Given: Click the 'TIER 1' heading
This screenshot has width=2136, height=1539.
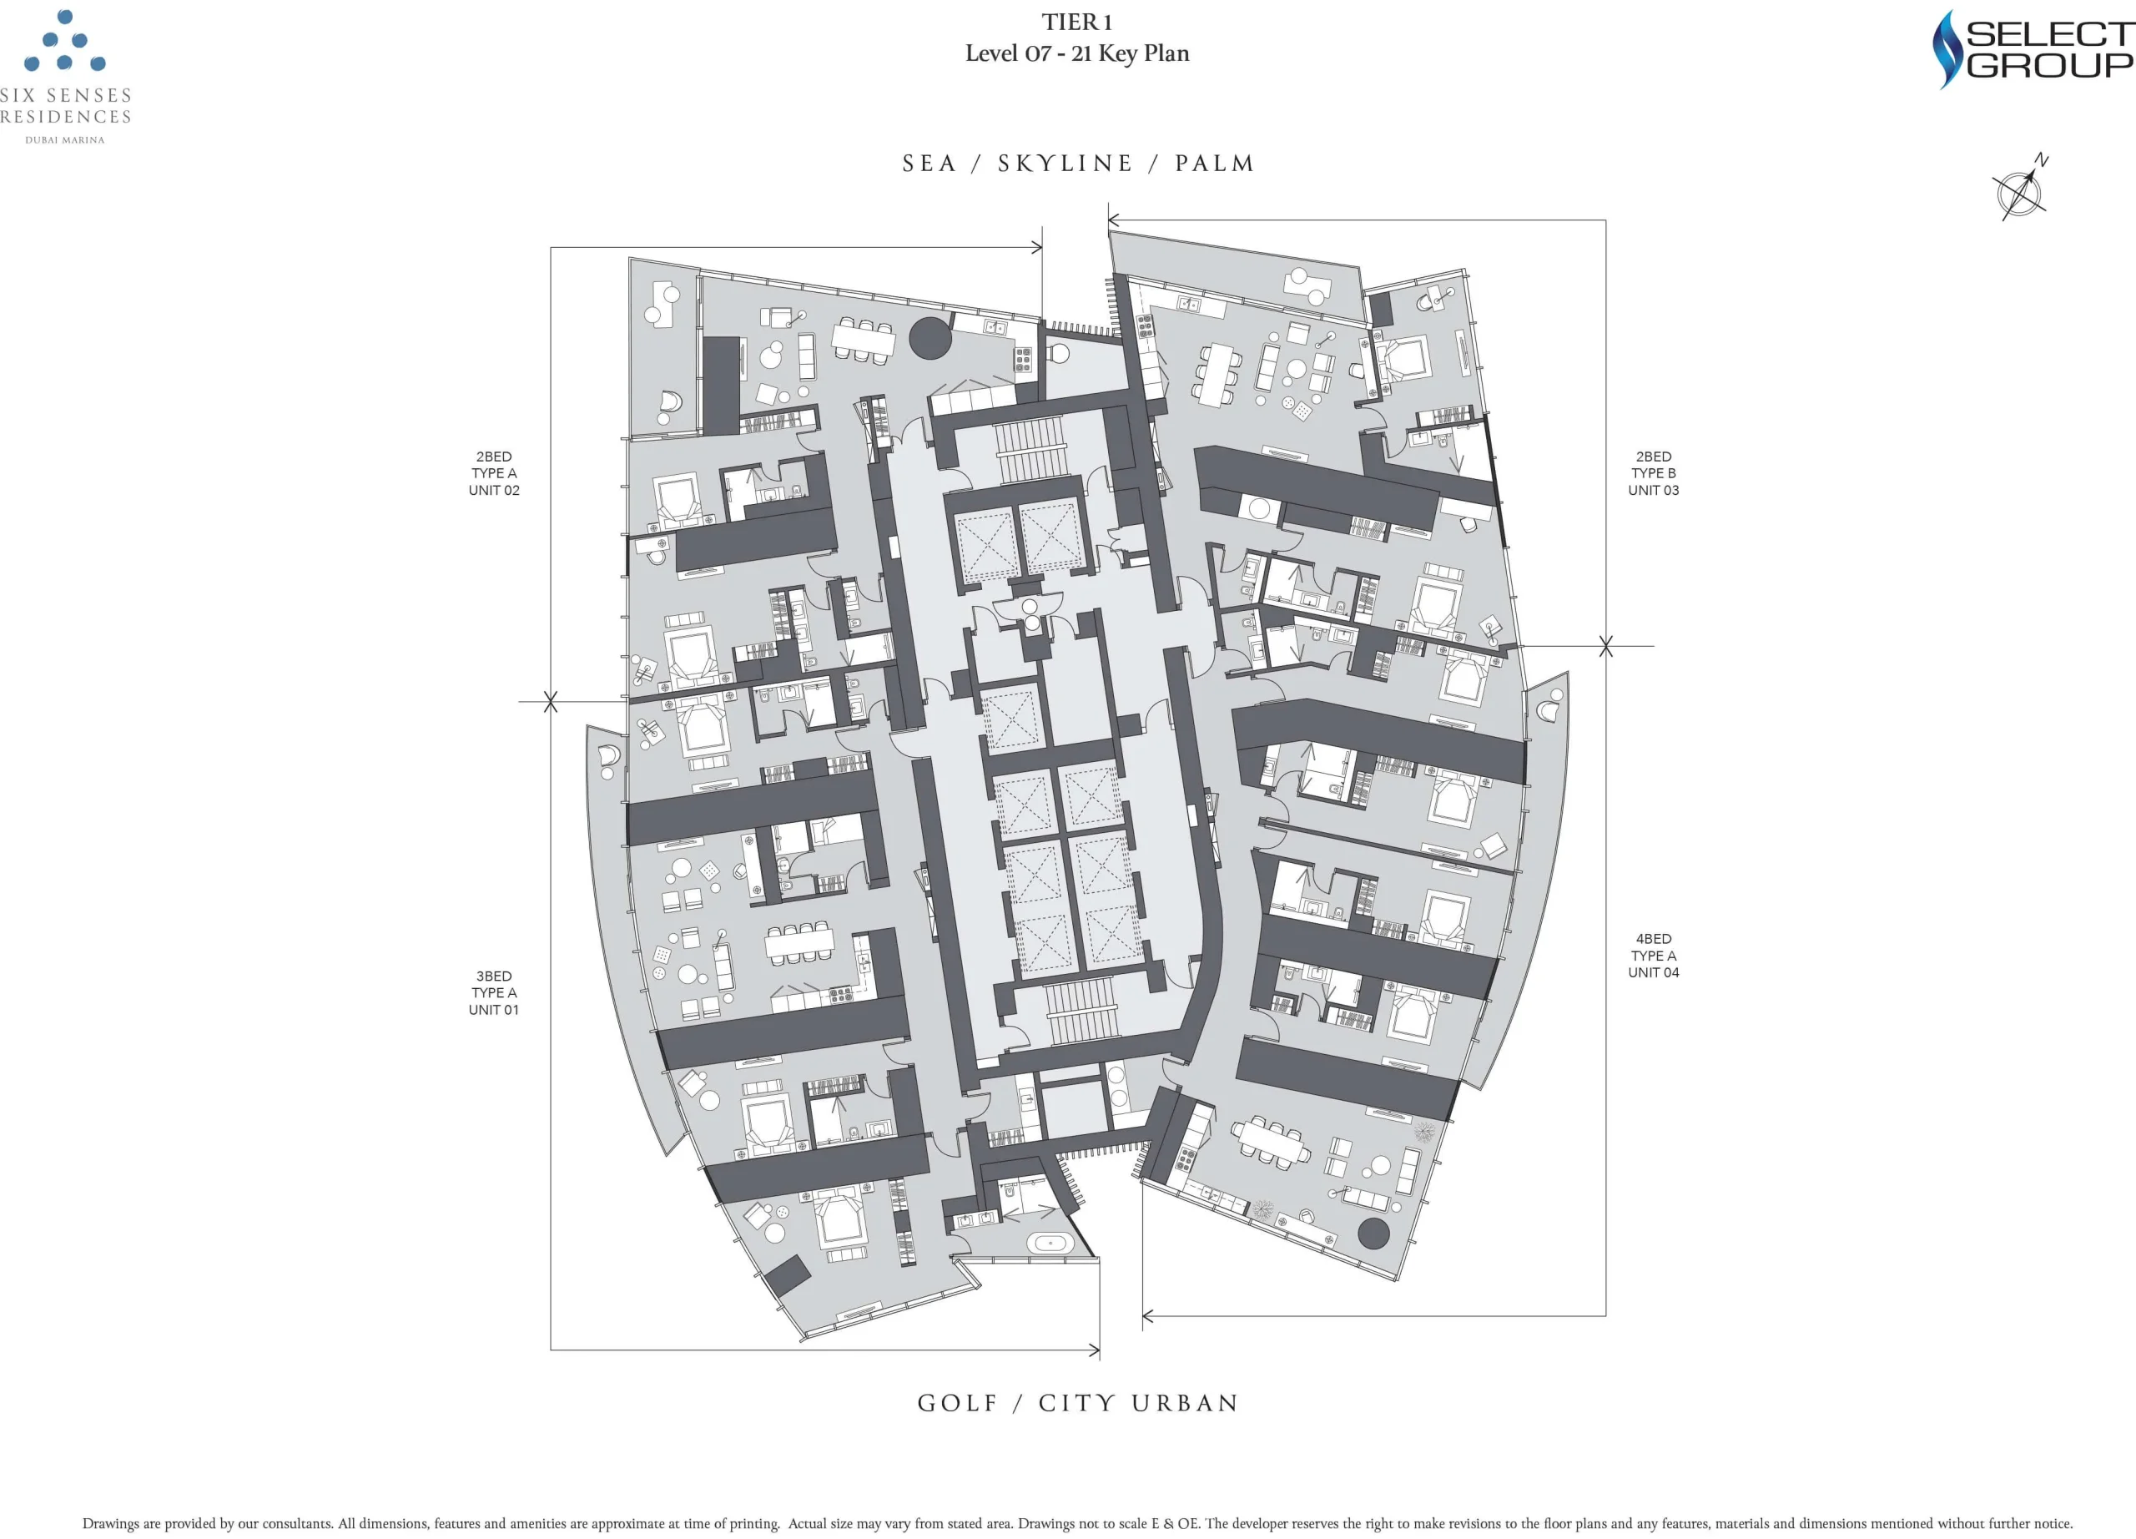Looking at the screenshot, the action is (1076, 22).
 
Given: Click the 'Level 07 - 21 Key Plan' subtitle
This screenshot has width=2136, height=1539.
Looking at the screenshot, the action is (1076, 53).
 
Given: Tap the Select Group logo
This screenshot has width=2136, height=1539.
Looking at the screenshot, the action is (2033, 49).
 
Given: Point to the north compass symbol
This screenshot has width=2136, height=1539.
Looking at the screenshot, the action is (2021, 190).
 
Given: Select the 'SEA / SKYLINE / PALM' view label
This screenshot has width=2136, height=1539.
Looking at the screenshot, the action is (1077, 164).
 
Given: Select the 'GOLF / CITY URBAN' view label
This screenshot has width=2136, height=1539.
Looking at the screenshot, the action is (1077, 1403).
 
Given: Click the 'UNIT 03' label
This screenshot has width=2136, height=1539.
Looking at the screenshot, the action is (1653, 490).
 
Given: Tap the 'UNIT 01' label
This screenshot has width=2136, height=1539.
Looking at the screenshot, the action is (493, 1010).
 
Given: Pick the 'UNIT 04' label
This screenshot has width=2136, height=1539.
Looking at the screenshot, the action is (1653, 972).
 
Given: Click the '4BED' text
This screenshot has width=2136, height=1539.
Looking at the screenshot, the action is (1653, 939).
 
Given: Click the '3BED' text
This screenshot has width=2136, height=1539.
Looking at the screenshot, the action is (493, 976).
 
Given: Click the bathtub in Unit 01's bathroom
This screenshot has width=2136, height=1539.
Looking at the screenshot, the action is (1049, 1244).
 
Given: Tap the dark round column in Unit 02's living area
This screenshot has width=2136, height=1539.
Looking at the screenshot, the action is (929, 338).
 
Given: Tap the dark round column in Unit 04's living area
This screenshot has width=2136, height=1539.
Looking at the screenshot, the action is (1373, 1233).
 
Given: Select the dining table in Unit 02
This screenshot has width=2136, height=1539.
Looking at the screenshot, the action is (863, 340).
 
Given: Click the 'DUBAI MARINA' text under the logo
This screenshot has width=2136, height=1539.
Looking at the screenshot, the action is (65, 140).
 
